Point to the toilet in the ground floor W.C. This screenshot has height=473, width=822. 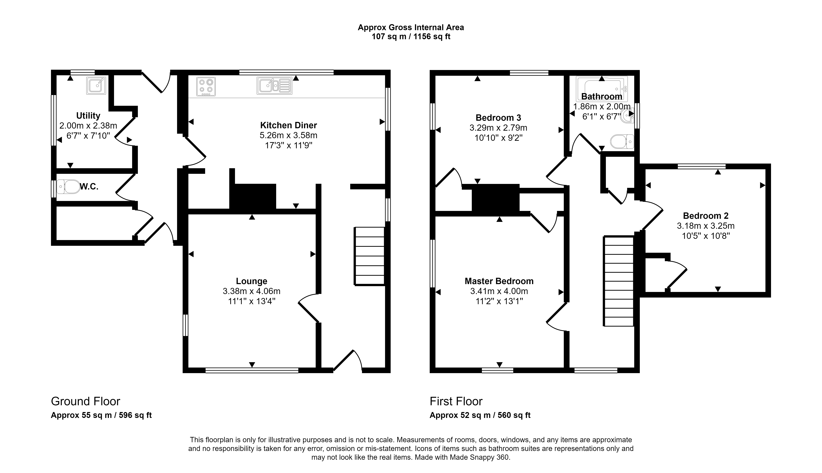[x=68, y=187]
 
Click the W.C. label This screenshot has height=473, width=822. [x=89, y=187]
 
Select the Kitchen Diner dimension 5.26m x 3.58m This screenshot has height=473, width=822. [x=289, y=135]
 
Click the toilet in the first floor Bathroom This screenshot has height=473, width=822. [x=622, y=142]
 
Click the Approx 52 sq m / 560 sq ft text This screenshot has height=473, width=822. [x=480, y=415]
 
